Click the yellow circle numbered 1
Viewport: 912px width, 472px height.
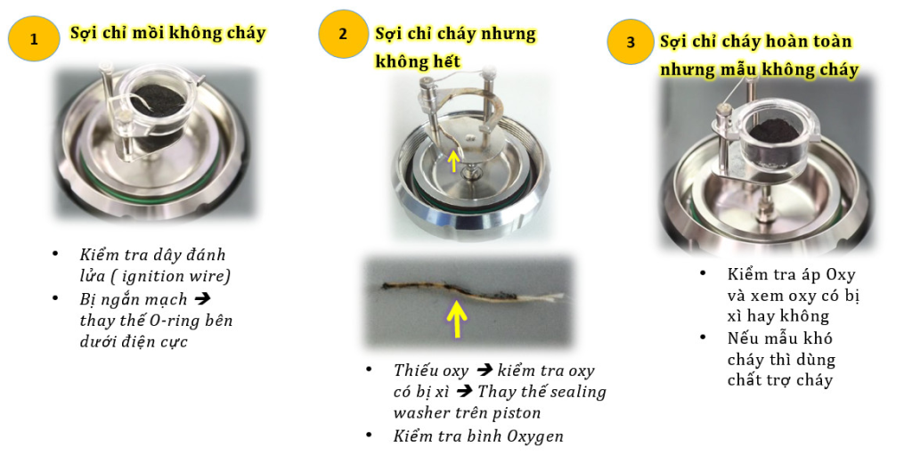(x=34, y=39)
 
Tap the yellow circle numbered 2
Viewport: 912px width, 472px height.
(x=343, y=35)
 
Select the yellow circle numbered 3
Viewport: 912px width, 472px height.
(x=631, y=42)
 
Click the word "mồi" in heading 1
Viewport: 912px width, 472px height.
(x=148, y=33)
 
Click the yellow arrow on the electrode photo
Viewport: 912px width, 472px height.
(x=454, y=161)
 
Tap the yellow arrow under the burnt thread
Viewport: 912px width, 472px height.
(x=457, y=318)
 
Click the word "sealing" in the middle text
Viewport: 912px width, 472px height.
(x=577, y=393)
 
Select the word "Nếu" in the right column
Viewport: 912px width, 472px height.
(x=742, y=338)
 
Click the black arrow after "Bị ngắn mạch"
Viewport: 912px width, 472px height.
(x=202, y=299)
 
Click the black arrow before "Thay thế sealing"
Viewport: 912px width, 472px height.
(x=463, y=392)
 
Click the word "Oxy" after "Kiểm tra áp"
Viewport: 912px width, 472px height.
(x=841, y=273)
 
